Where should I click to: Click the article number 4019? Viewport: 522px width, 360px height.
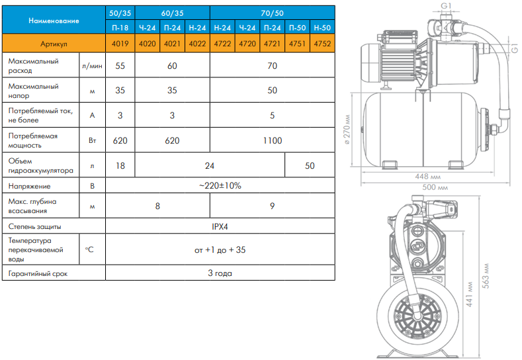(120, 44)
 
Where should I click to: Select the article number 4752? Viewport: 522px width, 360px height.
(322, 44)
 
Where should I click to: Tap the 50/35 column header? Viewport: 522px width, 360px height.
(120, 13)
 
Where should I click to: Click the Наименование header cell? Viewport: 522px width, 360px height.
(54, 21)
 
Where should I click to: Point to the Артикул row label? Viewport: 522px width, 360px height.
(54, 44)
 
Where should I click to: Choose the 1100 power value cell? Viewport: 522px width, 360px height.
(273, 140)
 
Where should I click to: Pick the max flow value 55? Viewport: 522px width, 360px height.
(120, 66)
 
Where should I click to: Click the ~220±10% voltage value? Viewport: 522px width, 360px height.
(220, 185)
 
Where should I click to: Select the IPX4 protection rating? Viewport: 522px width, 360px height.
(220, 226)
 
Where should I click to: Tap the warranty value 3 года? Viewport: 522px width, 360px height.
(220, 273)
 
